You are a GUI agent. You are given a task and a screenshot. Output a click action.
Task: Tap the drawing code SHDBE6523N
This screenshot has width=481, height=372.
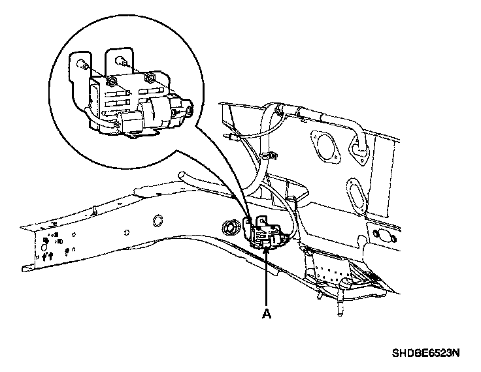[x=427, y=353]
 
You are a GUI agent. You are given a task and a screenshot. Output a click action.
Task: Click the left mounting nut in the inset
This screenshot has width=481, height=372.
[x=112, y=80]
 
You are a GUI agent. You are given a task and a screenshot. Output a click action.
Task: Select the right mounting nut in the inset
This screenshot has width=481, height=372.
[x=150, y=78]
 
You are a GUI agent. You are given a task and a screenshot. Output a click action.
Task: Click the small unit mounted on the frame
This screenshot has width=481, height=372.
[x=264, y=232]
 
